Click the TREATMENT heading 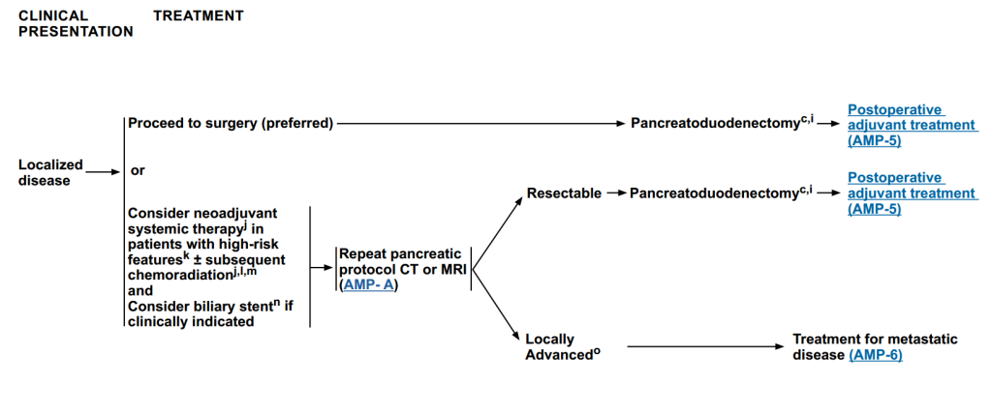[x=199, y=15]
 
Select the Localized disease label [x=50, y=172]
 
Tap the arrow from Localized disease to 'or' [x=103, y=172]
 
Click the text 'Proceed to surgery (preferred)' [x=231, y=123]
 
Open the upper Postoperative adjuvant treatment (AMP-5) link [x=896, y=125]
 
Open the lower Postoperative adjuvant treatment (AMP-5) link [x=896, y=193]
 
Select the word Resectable [x=563, y=193]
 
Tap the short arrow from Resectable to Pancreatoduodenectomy [x=615, y=194]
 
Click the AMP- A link [x=371, y=284]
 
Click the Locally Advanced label [x=559, y=346]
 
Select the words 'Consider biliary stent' [x=185, y=307]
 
